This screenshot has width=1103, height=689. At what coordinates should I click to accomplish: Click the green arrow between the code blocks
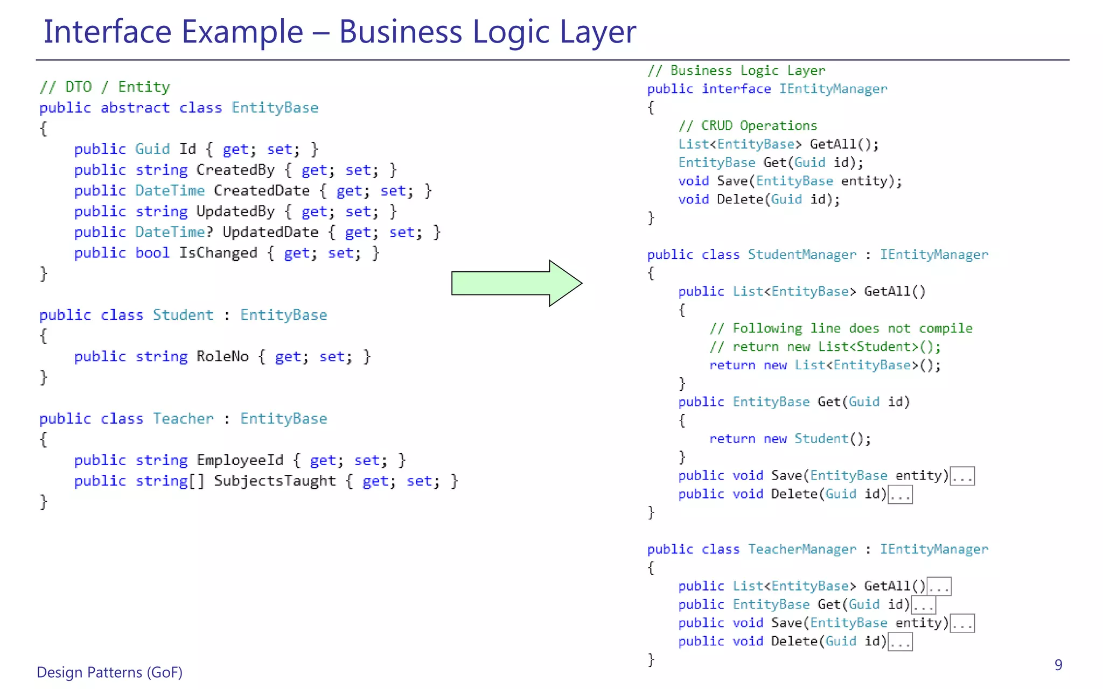pos(516,283)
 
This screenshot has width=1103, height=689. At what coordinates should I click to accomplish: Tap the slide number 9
pos(1058,665)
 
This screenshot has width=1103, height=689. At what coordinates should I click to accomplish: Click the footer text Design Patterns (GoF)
pos(109,672)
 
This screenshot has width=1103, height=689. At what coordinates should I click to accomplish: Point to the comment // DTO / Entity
pos(104,87)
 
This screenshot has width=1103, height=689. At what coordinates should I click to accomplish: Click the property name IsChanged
pos(218,253)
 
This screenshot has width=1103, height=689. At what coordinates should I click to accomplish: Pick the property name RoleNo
pos(222,357)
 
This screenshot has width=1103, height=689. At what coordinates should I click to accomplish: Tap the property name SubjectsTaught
pos(275,481)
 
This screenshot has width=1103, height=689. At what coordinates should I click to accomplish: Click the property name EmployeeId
pos(240,460)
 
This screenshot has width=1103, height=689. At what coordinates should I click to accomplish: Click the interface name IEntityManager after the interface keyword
pos(833,89)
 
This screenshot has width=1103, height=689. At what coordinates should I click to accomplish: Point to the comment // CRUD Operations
pos(748,126)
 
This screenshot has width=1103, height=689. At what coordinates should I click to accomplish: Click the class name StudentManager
pos(802,255)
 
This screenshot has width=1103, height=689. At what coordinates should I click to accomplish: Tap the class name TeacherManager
pos(802,549)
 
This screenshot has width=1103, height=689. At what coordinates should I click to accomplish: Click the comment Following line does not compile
pos(841,328)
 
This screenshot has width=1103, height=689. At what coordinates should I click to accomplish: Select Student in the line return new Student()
pos(821,439)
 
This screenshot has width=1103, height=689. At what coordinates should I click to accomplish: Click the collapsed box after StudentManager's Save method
pos(962,476)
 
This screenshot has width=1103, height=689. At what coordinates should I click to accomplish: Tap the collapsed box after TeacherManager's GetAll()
pos(939,587)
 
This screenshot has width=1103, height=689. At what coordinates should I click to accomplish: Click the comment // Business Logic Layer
pos(736,71)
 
